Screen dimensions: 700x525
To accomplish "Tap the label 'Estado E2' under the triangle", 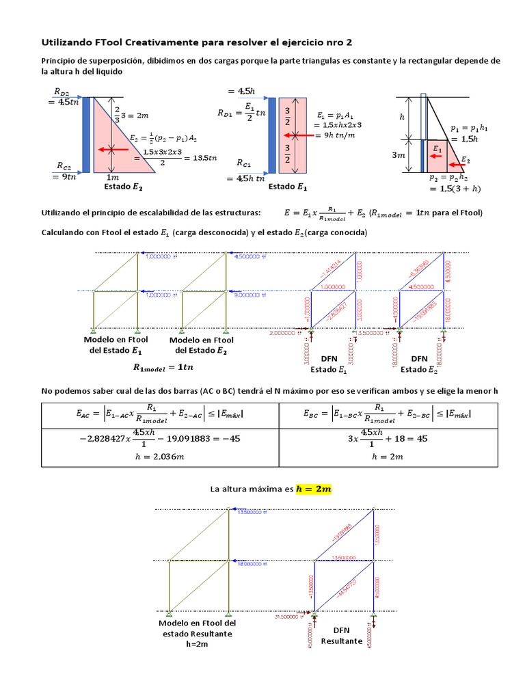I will (x=124, y=186).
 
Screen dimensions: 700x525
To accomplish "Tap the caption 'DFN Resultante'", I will (x=341, y=636).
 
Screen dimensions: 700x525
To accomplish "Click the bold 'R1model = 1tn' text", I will (x=163, y=367).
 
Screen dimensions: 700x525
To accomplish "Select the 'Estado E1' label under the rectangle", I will (x=287, y=186).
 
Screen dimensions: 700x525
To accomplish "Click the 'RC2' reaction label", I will (x=64, y=165).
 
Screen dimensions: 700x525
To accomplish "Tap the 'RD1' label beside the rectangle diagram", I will (x=228, y=112).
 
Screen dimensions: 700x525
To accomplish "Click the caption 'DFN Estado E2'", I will (x=418, y=364).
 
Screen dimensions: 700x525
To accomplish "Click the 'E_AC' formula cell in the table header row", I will (x=159, y=414).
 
